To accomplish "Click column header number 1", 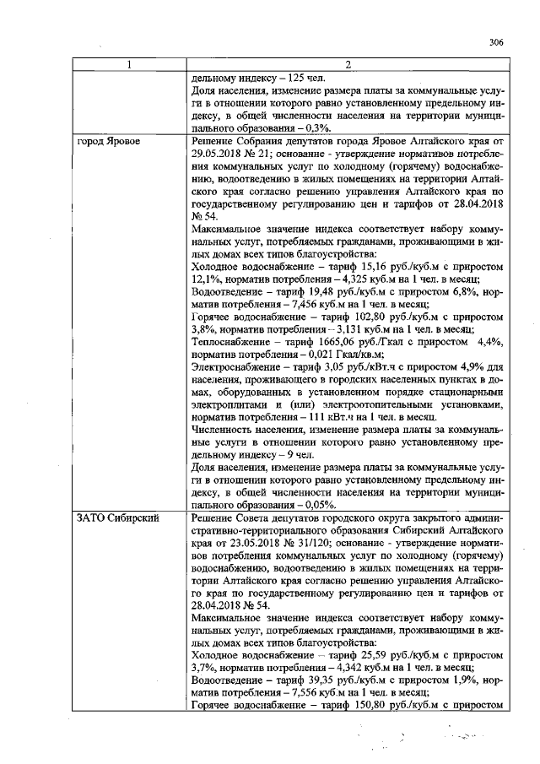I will (x=129, y=64).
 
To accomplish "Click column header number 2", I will (x=347, y=64).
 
